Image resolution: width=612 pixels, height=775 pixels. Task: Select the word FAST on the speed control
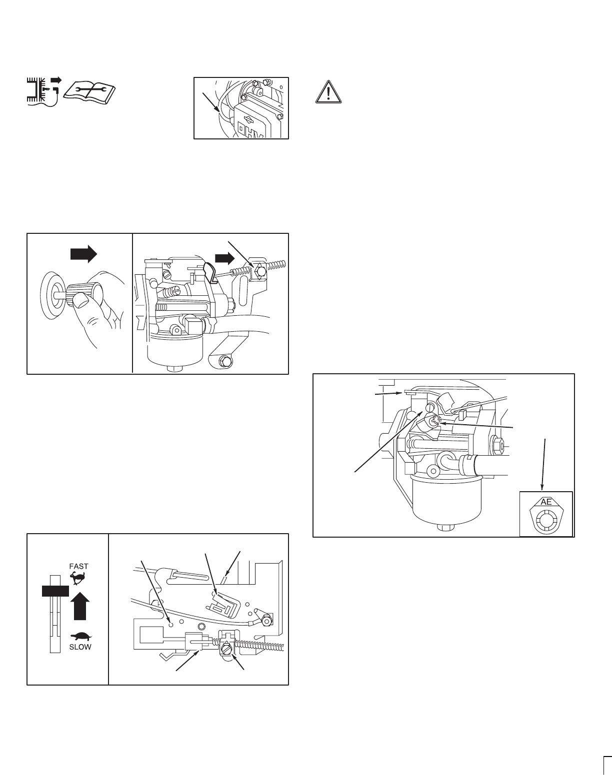coord(79,567)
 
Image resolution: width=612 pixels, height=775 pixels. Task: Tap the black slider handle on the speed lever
coord(55,591)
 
